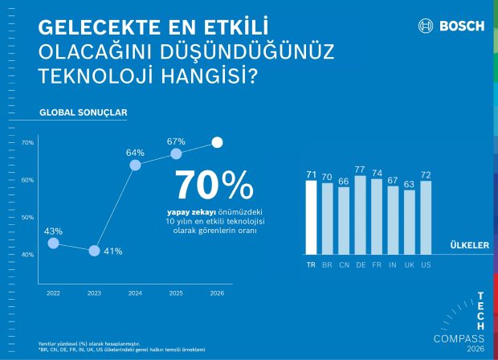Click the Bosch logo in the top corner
click(451, 26)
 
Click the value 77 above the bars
click(360, 170)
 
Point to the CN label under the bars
click(343, 264)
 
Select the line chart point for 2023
click(94, 251)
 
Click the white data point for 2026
click(217, 142)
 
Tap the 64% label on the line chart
click(135, 152)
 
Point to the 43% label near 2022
click(53, 231)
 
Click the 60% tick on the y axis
click(27, 180)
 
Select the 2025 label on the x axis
click(176, 294)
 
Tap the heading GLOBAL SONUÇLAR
click(83, 112)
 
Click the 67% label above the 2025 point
click(176, 141)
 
